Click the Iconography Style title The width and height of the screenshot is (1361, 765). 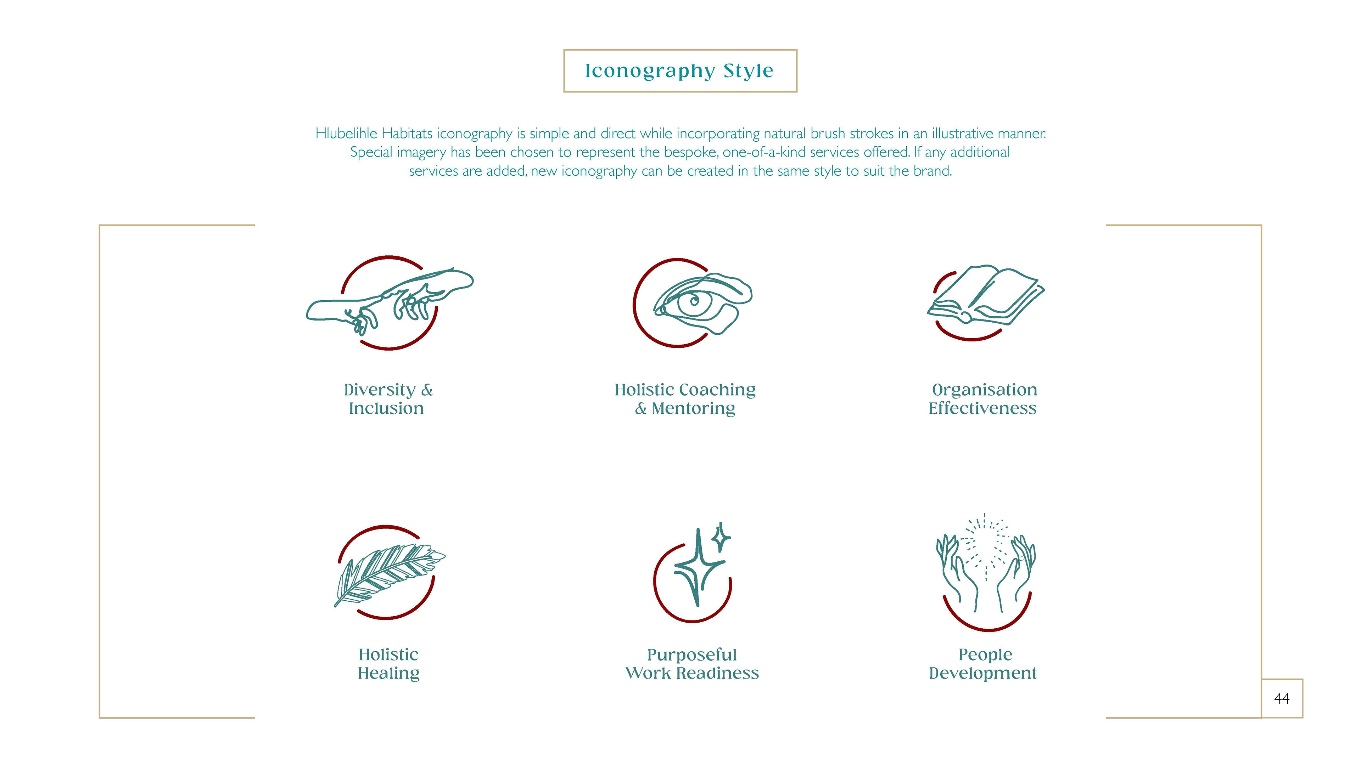(x=679, y=71)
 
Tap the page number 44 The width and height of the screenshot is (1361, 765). (x=1282, y=698)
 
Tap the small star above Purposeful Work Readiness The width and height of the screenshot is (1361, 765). (x=721, y=538)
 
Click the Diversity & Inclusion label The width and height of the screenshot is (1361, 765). (x=388, y=399)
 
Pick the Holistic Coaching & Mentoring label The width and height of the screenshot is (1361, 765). (x=685, y=399)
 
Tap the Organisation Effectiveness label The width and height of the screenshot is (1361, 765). (x=983, y=399)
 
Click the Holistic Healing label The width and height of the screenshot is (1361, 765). (x=388, y=664)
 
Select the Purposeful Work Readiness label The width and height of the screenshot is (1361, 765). (x=692, y=664)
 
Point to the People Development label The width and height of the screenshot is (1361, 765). (x=983, y=664)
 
